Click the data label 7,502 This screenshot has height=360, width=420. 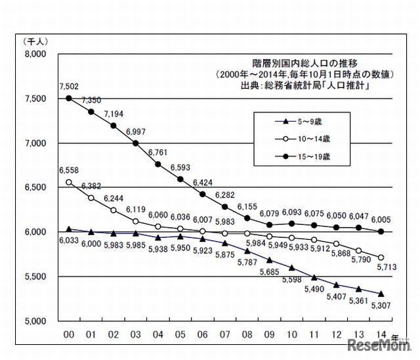tap(68, 85)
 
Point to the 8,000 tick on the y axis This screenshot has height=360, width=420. tap(34, 54)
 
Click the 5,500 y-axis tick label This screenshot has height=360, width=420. tap(34, 277)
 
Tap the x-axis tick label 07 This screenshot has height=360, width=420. tap(224, 334)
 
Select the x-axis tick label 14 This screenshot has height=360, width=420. tap(381, 334)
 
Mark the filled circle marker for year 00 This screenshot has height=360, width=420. tap(68, 99)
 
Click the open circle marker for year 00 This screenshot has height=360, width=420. tap(68, 183)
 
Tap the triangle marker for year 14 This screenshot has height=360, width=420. tap(381, 294)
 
